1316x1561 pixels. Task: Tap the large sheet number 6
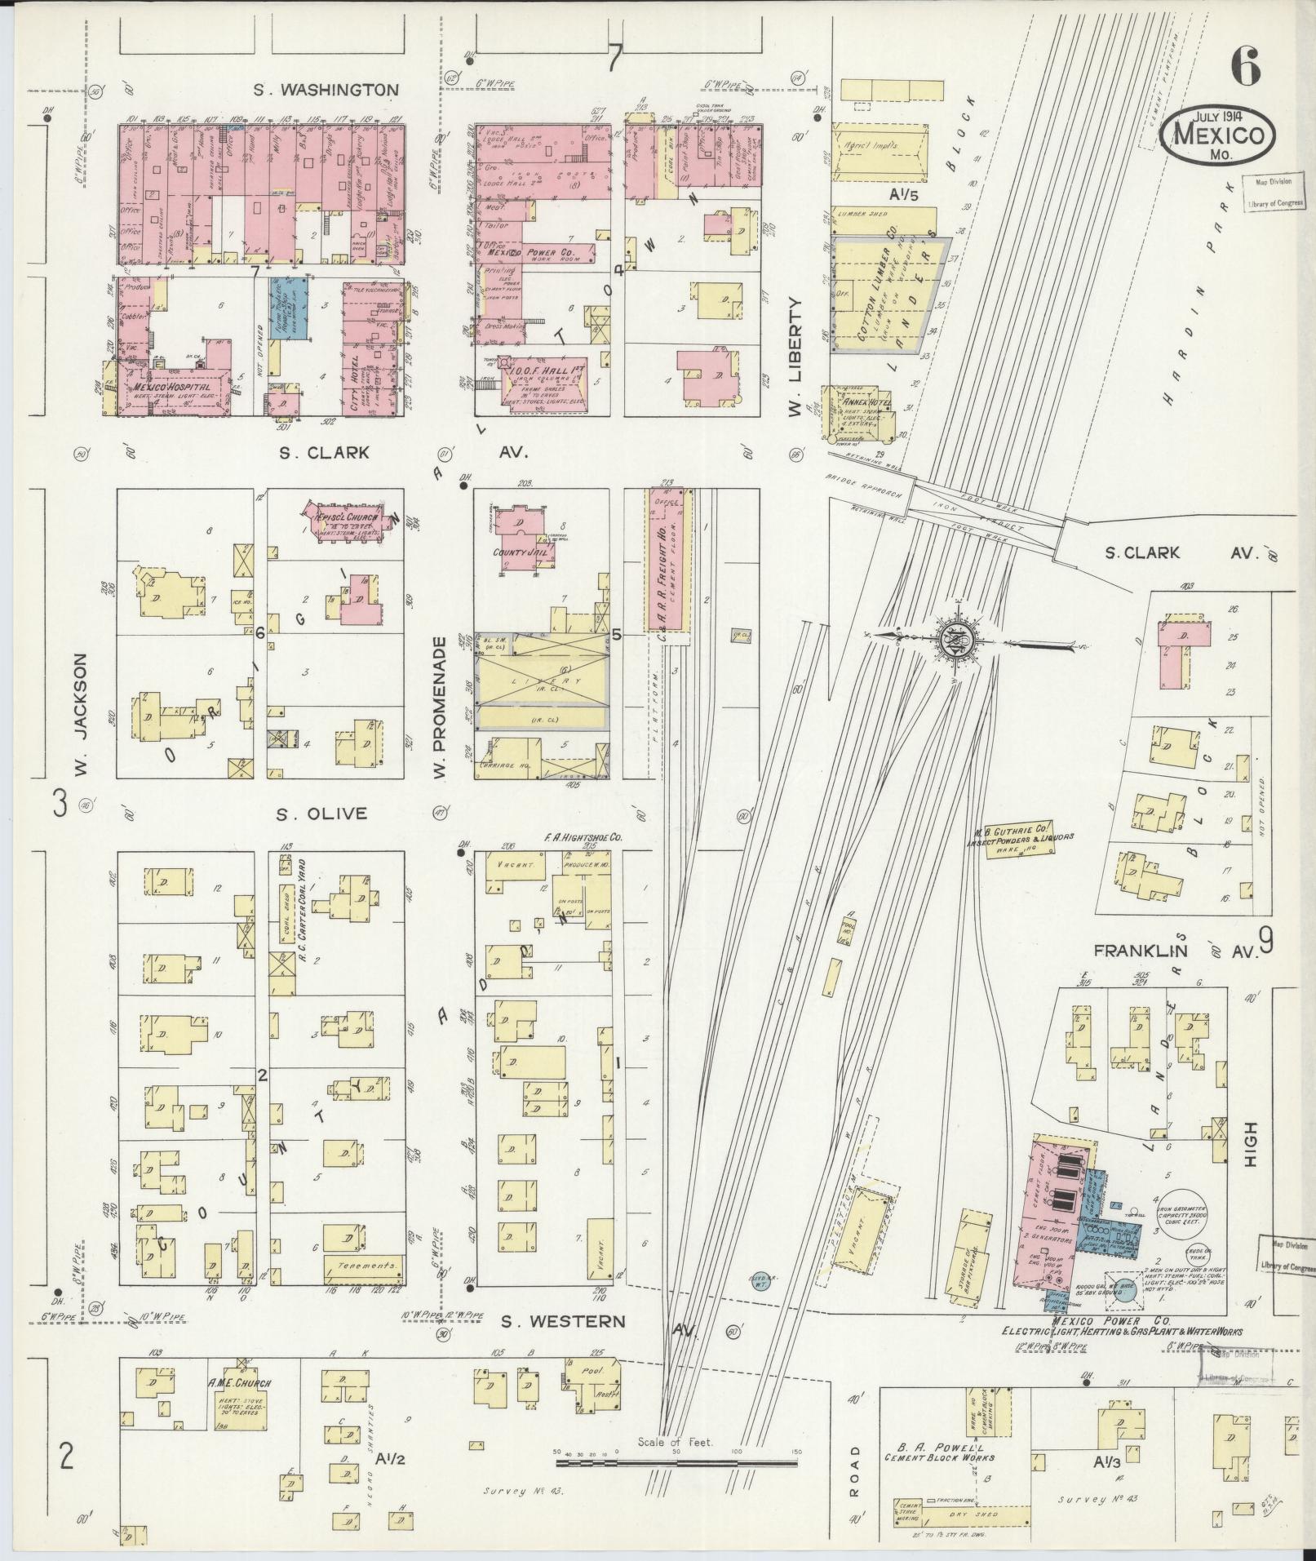coord(1245,66)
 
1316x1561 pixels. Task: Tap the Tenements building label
coord(363,1288)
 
